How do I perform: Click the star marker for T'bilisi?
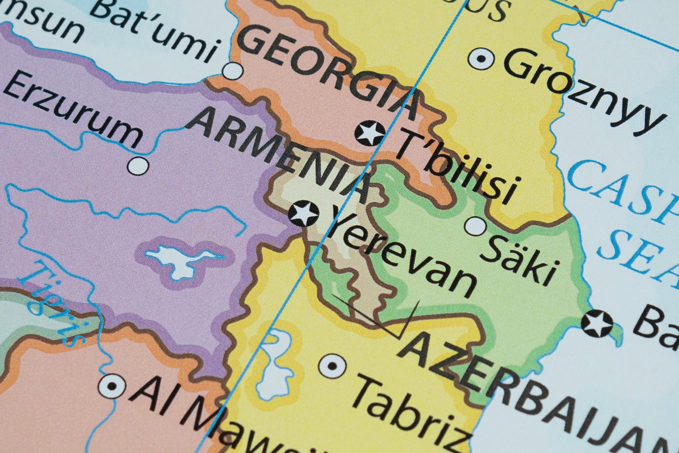(x=370, y=132)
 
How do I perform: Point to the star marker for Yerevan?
(x=304, y=214)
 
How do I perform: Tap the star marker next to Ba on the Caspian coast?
(x=597, y=323)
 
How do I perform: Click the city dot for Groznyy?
(x=481, y=60)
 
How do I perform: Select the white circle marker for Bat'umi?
(x=233, y=70)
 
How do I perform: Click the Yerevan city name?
(x=401, y=256)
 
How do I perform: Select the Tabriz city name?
(x=411, y=415)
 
